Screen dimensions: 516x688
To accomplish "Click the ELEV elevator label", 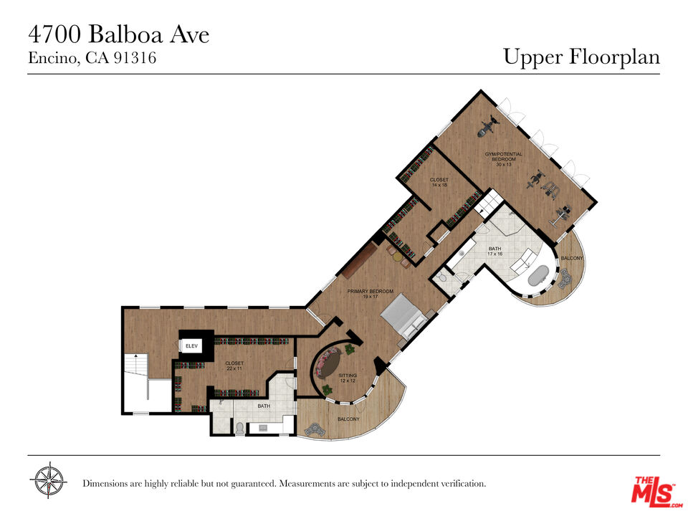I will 191,346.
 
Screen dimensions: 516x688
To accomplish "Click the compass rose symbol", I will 48,481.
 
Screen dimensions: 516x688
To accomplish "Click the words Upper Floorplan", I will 581,57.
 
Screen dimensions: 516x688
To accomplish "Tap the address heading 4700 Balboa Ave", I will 119,34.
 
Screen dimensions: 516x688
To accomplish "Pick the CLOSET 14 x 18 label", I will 439,182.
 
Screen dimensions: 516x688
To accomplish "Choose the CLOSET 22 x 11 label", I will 234,365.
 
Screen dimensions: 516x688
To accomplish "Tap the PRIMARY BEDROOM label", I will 371,294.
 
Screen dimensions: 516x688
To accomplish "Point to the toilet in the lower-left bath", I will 239,428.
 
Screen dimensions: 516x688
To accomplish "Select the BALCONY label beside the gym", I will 571,258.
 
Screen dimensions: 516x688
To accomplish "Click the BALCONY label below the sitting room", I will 348,419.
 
